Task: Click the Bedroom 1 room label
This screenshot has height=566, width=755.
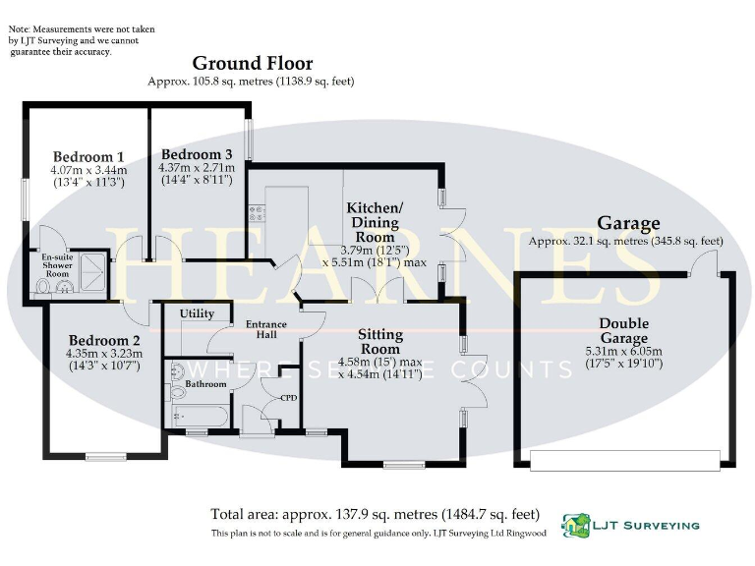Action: pyautogui.click(x=88, y=156)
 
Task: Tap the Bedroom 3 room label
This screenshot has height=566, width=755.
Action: pyautogui.click(x=197, y=154)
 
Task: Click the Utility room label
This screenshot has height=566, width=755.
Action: pyautogui.click(x=197, y=313)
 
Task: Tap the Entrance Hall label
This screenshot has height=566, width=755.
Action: pyautogui.click(x=265, y=330)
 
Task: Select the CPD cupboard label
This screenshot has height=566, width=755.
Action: pyautogui.click(x=289, y=398)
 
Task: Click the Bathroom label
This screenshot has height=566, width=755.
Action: pyautogui.click(x=206, y=384)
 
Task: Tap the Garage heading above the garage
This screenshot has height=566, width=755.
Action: pyautogui.click(x=628, y=223)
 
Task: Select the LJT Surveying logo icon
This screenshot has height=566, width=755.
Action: pyautogui.click(x=575, y=525)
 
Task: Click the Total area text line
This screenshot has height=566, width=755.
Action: pyautogui.click(x=376, y=513)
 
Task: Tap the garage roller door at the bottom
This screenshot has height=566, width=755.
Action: pyautogui.click(x=624, y=458)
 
